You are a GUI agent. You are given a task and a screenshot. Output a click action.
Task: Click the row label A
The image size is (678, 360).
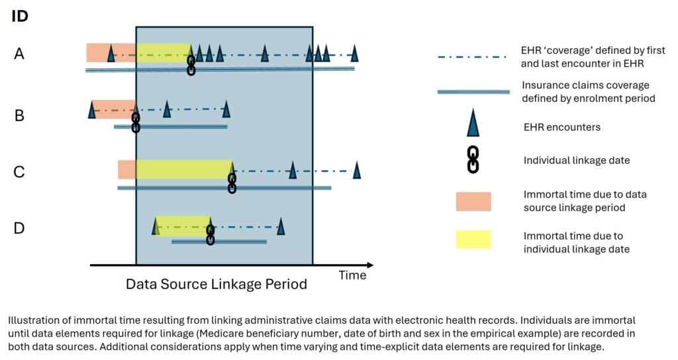(x=19, y=54)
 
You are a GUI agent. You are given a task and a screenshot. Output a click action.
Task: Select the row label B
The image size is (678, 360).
(x=19, y=115)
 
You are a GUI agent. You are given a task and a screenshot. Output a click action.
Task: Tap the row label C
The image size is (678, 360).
(x=19, y=171)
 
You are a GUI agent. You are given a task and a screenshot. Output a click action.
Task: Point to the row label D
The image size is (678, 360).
(x=19, y=228)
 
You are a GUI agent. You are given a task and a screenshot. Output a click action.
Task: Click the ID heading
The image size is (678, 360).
(x=20, y=16)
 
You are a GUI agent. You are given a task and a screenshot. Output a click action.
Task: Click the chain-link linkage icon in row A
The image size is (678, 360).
(x=191, y=66)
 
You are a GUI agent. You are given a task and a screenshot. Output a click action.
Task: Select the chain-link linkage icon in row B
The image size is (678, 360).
(x=135, y=122)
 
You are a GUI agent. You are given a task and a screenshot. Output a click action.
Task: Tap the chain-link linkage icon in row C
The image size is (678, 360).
(x=232, y=183)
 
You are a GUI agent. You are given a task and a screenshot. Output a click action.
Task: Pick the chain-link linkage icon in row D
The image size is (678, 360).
(x=210, y=235)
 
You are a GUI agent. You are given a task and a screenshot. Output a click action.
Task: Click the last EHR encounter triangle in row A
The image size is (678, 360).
(x=355, y=54)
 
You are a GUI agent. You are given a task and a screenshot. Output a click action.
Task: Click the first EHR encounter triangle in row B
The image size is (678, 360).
(x=91, y=111)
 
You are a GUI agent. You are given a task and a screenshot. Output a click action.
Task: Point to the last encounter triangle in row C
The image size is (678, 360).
(x=357, y=170)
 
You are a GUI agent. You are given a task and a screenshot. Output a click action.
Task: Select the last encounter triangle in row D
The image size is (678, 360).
(x=281, y=226)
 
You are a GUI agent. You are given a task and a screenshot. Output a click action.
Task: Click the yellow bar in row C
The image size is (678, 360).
(x=184, y=169)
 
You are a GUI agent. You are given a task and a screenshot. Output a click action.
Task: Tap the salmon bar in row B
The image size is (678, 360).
(x=114, y=109)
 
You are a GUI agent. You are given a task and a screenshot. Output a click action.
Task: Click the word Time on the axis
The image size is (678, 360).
(x=352, y=275)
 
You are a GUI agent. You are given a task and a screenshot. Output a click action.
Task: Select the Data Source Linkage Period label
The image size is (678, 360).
(x=217, y=284)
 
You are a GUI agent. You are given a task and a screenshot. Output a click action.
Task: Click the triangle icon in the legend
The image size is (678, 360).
(x=473, y=123)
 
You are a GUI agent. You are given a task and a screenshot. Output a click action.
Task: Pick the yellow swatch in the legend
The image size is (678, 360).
(x=473, y=240)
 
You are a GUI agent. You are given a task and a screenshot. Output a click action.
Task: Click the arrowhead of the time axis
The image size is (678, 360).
(x=369, y=265)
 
